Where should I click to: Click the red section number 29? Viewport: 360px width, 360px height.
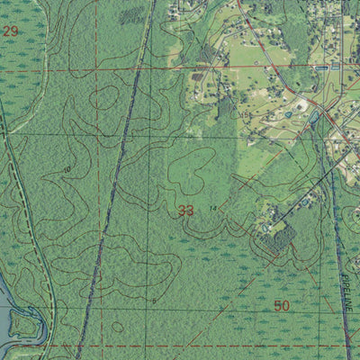(11, 31)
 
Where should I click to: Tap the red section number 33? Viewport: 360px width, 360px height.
(185, 211)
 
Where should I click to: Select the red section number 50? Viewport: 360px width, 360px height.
(282, 306)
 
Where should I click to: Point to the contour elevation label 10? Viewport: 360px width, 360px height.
(67, 169)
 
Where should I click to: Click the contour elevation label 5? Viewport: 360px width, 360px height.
(154, 300)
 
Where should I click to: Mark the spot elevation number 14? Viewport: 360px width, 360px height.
(213, 209)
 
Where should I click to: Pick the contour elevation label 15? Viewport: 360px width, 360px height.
(244, 114)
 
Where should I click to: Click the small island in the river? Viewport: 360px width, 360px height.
(23, 324)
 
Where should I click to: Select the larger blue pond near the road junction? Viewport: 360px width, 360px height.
(314, 117)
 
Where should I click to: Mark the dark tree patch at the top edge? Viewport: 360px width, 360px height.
(132, 15)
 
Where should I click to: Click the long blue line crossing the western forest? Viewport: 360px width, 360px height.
(108, 198)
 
